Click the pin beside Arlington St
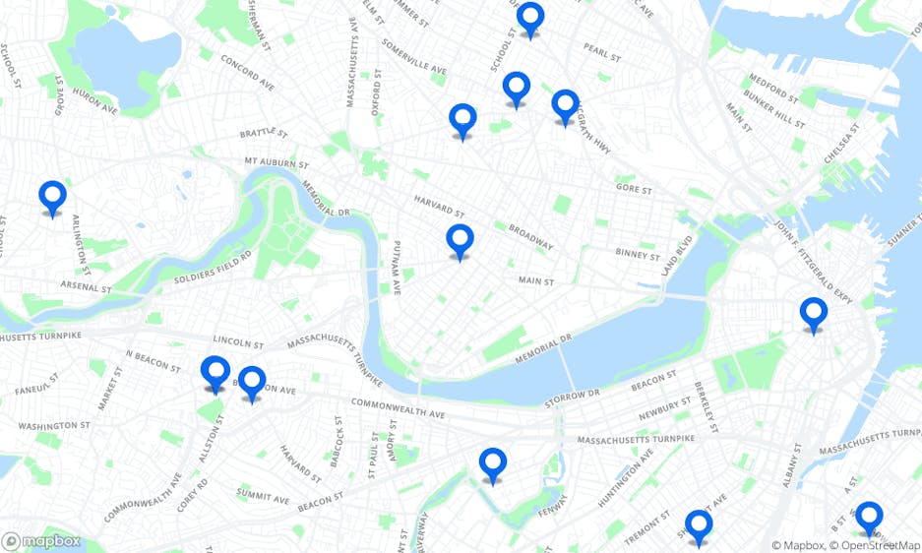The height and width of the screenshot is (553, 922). [52, 197]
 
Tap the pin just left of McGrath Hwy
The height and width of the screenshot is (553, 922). [565, 105]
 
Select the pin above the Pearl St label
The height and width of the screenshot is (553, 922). [530, 18]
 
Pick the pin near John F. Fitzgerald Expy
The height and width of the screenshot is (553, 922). [813, 314]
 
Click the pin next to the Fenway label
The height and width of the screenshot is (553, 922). [492, 463]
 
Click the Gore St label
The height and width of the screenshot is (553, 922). [634, 188]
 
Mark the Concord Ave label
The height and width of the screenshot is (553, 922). [247, 73]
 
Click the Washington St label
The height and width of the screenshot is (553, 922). [53, 426]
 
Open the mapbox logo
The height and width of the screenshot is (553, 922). [41, 540]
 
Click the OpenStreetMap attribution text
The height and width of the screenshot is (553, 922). [875, 545]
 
